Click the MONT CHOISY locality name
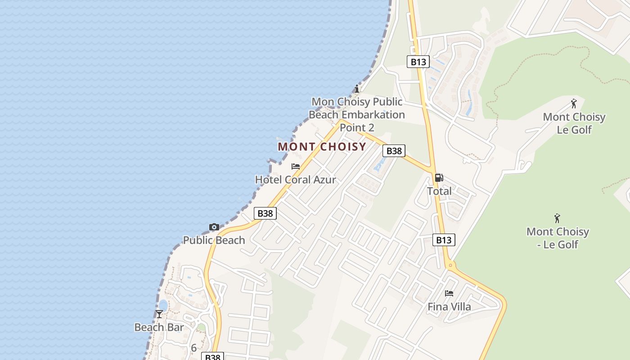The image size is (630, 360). tap(322, 147)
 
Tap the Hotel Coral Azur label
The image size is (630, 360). tap(295, 180)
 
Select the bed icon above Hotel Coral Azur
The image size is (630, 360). tap(296, 166)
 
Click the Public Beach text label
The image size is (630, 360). tap(214, 240)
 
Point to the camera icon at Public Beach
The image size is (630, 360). tap(214, 227)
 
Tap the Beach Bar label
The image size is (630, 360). tap(159, 327)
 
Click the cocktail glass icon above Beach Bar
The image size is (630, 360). tap(159, 314)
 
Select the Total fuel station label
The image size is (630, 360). tap(439, 191)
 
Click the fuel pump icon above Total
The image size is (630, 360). tap(439, 178)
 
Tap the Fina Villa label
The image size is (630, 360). tap(449, 307)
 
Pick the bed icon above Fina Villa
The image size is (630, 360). tap(449, 293)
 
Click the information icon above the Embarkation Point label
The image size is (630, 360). tap(357, 88)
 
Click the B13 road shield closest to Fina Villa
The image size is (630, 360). tap(444, 240)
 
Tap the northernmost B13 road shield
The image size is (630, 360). tap(418, 62)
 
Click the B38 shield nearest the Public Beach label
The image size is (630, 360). tap(265, 213)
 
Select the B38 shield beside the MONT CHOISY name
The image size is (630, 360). tap(394, 151)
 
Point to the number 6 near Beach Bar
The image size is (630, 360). tap(194, 348)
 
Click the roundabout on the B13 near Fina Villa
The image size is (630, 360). tap(450, 265)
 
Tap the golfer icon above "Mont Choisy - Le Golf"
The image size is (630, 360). tap(557, 219)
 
